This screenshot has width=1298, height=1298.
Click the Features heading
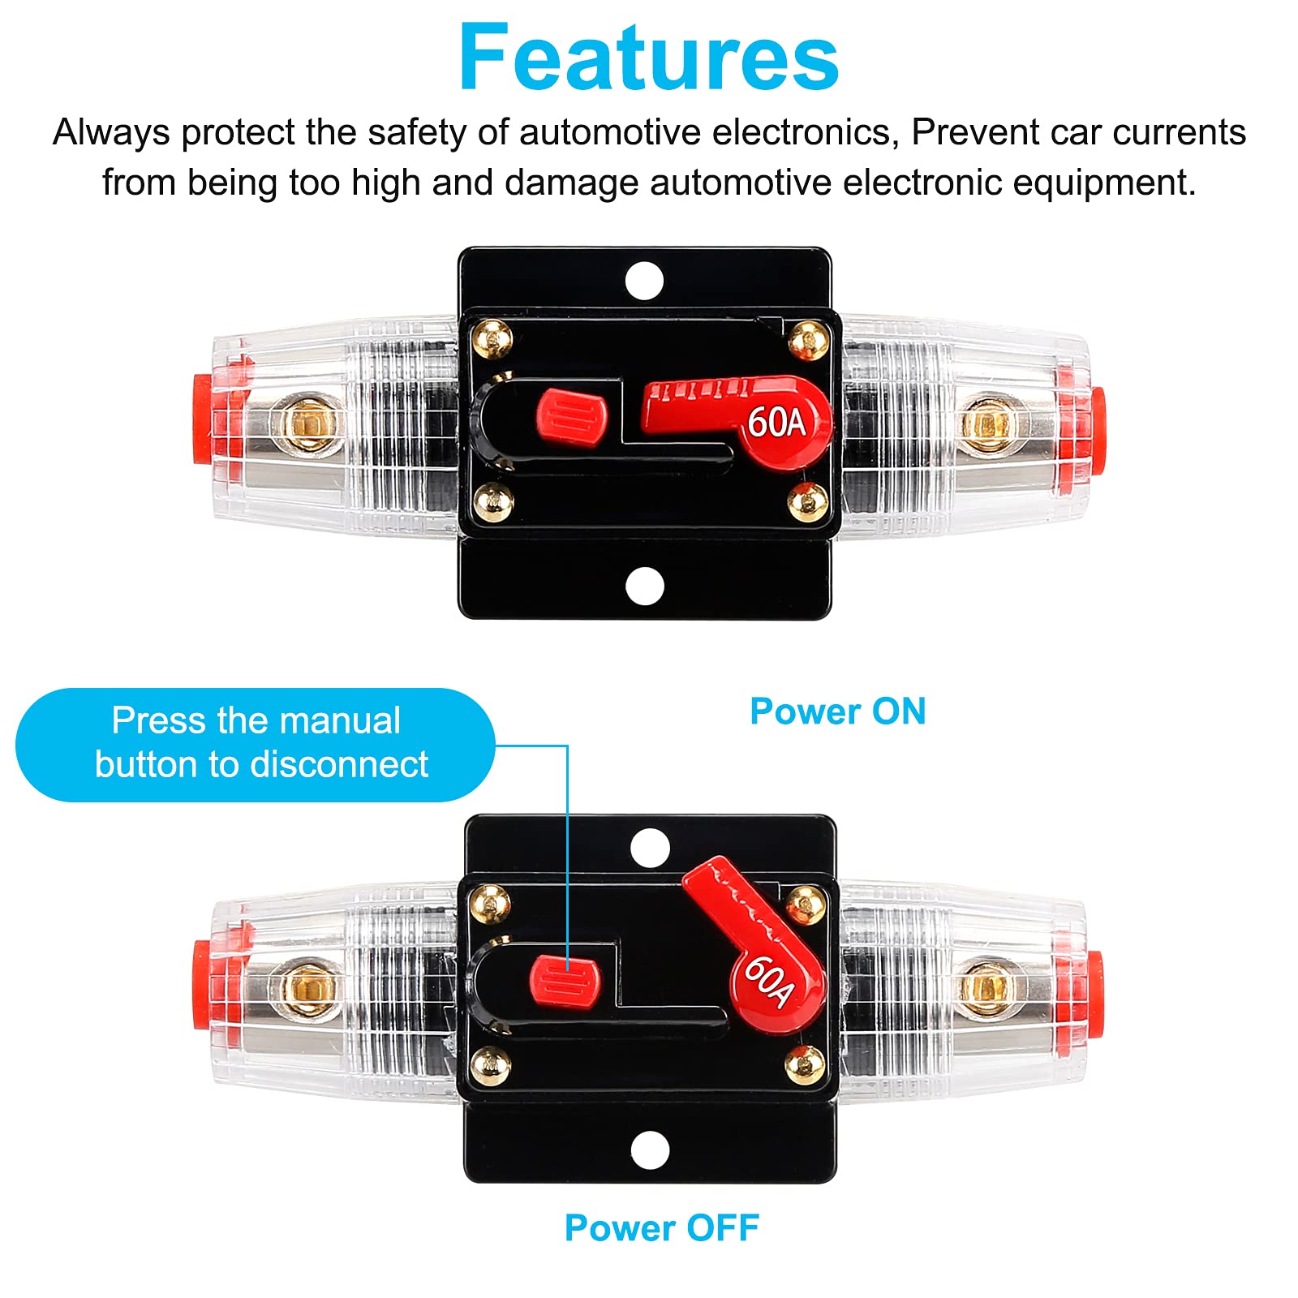[x=648, y=58]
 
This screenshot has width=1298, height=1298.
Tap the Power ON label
[x=837, y=711]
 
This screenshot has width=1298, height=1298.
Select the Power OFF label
[x=661, y=1227]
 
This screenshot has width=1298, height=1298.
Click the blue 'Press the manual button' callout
[x=255, y=744]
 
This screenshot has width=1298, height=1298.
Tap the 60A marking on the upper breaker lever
[x=776, y=423]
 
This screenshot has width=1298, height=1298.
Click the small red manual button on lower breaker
[x=565, y=979]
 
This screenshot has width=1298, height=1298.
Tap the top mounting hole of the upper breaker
[x=645, y=281]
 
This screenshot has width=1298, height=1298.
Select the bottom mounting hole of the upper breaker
[x=645, y=585]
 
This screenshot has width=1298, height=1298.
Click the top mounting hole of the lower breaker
[x=650, y=849]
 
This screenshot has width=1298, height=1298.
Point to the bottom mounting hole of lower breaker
[x=650, y=1150]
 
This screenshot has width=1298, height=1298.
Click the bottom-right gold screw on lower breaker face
[x=806, y=1064]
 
